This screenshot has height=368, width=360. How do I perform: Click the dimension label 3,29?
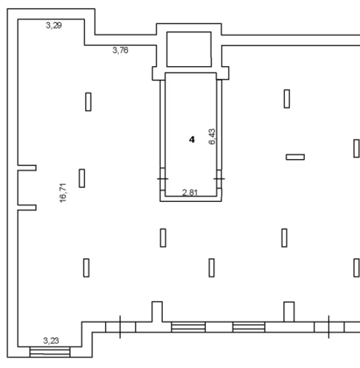pos(54,25)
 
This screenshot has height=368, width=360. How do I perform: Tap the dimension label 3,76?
pos(120,50)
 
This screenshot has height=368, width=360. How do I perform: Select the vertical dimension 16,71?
pos(63,193)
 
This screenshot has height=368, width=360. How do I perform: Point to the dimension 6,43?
pos(211,136)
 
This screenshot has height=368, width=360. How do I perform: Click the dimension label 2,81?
pos(190,193)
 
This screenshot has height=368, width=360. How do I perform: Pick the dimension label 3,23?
pos(51,341)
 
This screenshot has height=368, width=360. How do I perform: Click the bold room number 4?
pos(192,140)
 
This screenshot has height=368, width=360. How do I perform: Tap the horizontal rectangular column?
pos(295,157)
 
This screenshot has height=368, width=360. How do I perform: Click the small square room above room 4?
pos(189,49)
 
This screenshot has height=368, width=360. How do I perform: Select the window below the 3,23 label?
pos(50,352)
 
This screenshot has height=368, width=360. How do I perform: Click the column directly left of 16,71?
pos(82,178)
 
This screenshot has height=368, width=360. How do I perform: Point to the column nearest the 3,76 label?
pos(88,102)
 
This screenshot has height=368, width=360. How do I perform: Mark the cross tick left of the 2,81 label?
pos(163,179)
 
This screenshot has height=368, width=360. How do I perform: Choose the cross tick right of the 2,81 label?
pos(219,179)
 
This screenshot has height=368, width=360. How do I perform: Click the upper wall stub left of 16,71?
pos(27,168)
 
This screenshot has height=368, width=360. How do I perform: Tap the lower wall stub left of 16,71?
pos(27,208)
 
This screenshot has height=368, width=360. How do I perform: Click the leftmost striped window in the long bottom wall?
pos(188,327)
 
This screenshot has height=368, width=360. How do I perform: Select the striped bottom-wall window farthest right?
pos(249,327)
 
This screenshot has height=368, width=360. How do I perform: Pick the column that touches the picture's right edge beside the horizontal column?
pos(357,149)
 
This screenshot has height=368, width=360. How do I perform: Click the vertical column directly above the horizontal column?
pos(287,99)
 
